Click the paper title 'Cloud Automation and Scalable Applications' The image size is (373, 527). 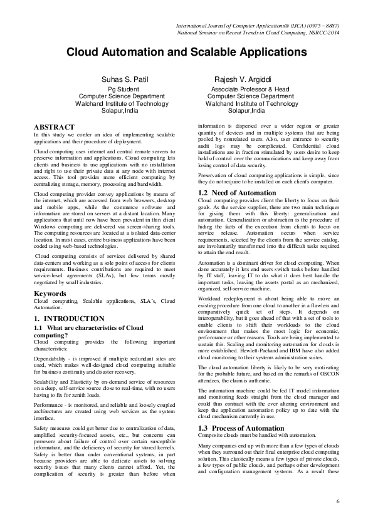click(186, 53)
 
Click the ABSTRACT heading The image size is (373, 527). click(54, 127)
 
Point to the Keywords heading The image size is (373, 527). click(50, 293)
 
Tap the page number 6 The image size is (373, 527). click(337, 501)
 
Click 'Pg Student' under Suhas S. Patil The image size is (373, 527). click(127, 90)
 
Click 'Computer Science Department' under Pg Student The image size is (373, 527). click(127, 97)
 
